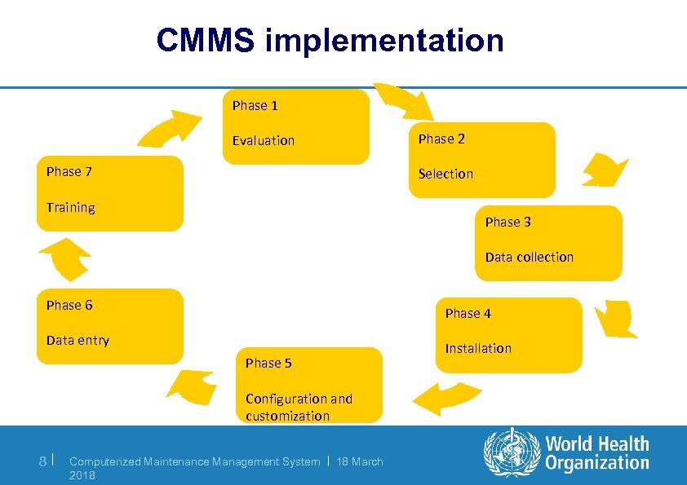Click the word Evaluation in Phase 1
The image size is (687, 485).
[x=263, y=140]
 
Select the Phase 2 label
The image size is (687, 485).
[x=441, y=139]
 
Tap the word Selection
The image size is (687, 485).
[x=445, y=174]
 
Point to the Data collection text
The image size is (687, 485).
[x=529, y=257]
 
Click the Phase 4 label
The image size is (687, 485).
[x=468, y=313]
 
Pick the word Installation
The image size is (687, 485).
[x=478, y=348]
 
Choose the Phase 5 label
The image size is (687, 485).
[x=268, y=363]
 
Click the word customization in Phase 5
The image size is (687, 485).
[x=287, y=416]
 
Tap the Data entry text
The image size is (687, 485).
[x=78, y=340]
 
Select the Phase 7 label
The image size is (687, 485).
[x=69, y=171]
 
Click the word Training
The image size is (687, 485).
[x=70, y=207]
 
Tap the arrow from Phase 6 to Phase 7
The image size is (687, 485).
[x=65, y=262]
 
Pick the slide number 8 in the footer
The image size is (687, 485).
[x=43, y=461]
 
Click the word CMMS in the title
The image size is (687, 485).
[x=205, y=40]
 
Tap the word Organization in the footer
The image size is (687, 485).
[x=597, y=463]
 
